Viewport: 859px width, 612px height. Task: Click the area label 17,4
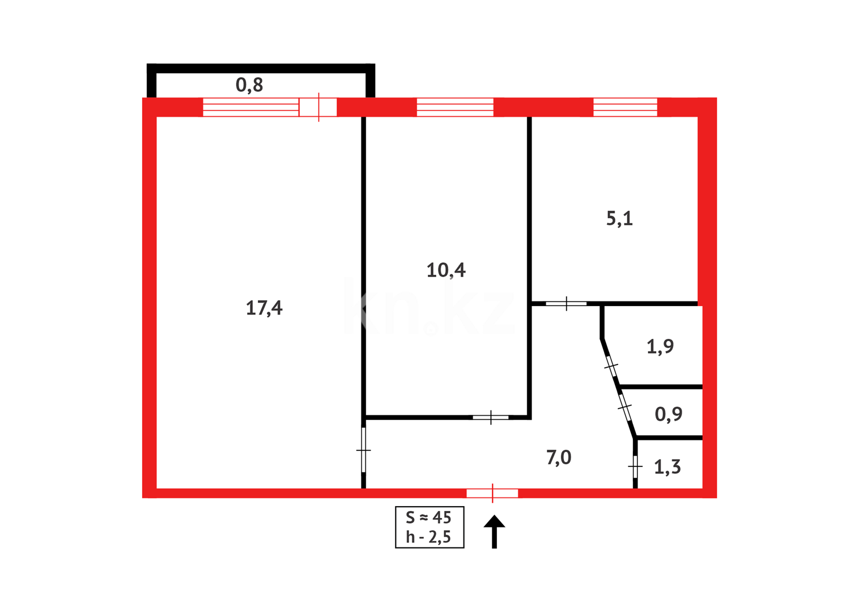tap(264, 308)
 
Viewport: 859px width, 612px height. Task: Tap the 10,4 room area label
tap(446, 270)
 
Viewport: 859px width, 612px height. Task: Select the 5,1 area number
tap(619, 219)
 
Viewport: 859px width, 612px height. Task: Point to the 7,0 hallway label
tap(559, 457)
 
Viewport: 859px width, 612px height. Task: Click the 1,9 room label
tap(660, 346)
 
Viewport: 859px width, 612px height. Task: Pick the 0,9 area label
tap(668, 414)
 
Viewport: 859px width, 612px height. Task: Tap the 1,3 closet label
tap(667, 467)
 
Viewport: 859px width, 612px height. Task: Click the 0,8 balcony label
tap(249, 85)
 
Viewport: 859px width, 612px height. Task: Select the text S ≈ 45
tap(428, 517)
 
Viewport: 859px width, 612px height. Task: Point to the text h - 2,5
tap(428, 537)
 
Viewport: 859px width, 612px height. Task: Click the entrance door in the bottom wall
tap(492, 494)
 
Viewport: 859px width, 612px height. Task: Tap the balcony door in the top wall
tap(318, 107)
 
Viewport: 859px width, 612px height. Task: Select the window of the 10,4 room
tap(455, 107)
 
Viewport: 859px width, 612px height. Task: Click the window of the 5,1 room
tap(625, 107)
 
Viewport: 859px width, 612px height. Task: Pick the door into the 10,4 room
tap(491, 418)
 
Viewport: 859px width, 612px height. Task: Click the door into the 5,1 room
tap(566, 304)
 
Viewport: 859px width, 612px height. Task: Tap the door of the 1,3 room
tap(635, 467)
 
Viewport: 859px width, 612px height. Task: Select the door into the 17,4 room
tap(364, 450)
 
